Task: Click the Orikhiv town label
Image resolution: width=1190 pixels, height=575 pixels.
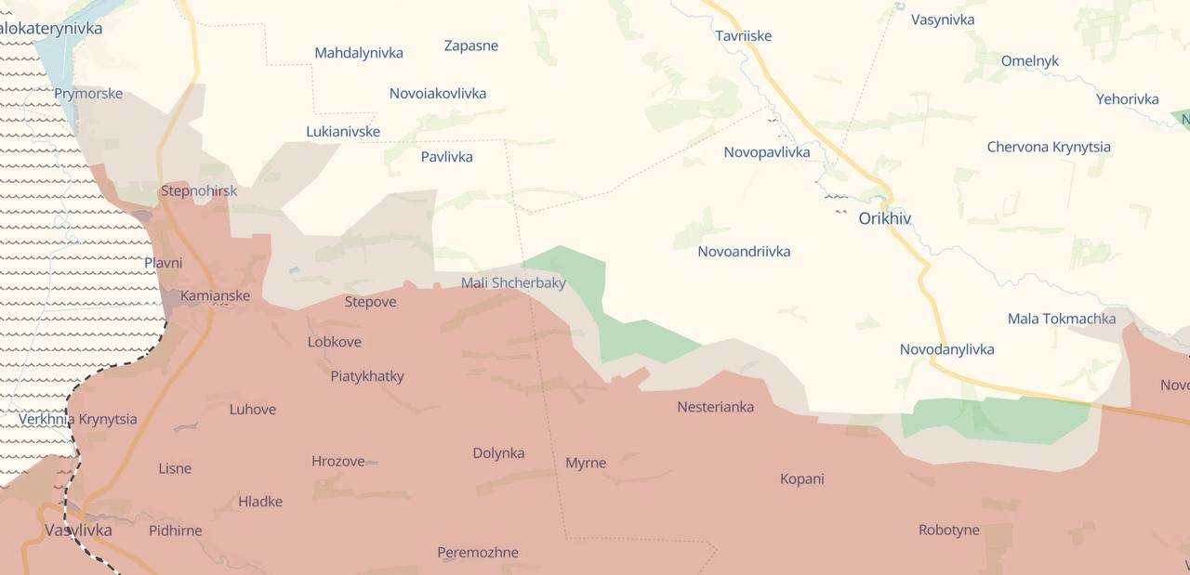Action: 884,218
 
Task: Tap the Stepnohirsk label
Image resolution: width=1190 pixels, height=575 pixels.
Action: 198,190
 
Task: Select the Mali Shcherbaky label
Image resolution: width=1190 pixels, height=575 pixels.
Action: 513,282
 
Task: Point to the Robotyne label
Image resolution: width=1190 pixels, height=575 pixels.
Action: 948,529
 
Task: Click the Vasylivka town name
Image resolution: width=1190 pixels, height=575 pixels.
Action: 78,530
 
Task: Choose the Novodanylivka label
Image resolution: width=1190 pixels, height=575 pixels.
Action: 946,349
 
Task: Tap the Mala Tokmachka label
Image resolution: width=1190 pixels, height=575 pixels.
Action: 1062,319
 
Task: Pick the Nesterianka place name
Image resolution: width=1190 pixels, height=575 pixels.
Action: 715,407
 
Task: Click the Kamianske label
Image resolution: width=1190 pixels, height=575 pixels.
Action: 215,295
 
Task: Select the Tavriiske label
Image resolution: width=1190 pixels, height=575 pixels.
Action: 743,35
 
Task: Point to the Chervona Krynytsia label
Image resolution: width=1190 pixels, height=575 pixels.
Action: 1048,147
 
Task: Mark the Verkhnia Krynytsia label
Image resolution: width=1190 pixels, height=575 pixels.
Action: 78,419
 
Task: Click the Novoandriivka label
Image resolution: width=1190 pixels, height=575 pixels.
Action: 744,251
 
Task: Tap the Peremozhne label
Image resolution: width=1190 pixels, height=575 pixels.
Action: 478,553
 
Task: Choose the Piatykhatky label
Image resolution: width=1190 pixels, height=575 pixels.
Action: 367,376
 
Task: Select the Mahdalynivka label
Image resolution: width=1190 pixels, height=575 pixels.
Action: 359,53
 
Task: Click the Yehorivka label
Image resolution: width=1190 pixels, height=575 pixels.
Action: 1127,98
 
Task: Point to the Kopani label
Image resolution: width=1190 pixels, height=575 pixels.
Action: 801,479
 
